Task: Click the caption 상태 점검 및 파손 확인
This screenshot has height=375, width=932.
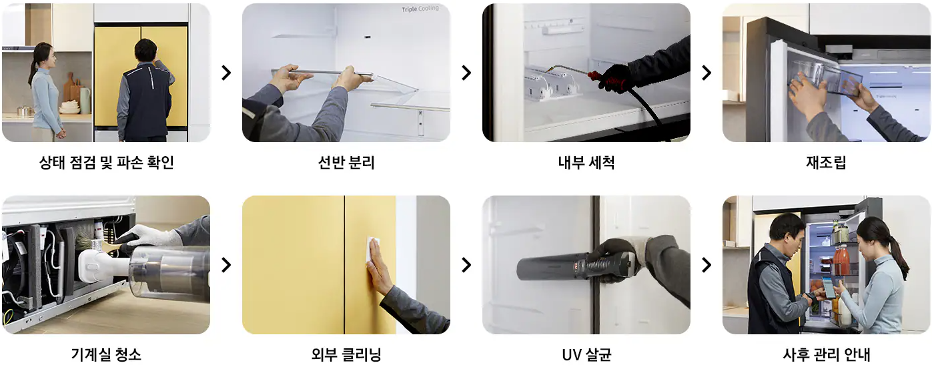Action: click(106, 162)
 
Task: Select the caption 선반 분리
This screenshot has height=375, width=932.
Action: click(346, 162)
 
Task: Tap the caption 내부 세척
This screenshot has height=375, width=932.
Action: click(586, 162)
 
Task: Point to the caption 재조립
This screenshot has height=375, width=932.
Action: click(826, 162)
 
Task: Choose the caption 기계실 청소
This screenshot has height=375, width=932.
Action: click(106, 354)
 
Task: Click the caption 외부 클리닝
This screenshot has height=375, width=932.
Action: click(346, 354)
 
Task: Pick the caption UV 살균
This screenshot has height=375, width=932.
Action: click(586, 354)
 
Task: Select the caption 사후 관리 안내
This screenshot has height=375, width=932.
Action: click(826, 354)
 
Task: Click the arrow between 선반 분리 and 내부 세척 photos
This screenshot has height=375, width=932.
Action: click(466, 73)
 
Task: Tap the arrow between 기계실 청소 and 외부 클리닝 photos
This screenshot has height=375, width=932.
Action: click(226, 265)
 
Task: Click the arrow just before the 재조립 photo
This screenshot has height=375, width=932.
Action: click(707, 73)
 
